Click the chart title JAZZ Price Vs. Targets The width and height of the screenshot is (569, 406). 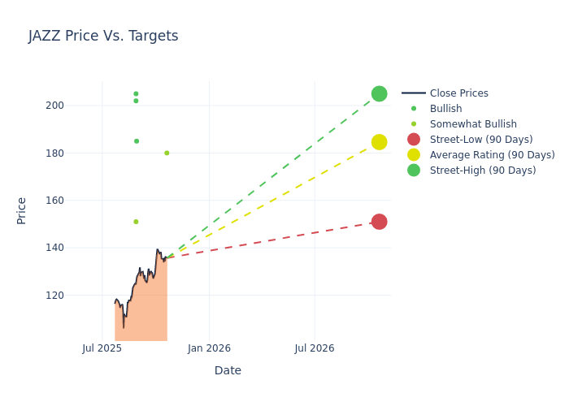103,36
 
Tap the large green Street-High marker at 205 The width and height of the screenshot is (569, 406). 379,93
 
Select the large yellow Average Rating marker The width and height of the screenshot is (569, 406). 379,142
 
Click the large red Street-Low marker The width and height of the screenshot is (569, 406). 379,222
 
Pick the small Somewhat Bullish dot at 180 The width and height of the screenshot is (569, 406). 167,153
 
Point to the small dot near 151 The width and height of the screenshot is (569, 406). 136,222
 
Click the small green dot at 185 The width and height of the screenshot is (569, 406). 137,141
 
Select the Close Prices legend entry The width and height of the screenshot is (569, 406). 458,93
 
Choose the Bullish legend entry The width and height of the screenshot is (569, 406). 445,109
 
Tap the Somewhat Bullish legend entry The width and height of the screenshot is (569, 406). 473,124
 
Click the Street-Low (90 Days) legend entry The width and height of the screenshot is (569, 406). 480,140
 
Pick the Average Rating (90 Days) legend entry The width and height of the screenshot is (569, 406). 492,155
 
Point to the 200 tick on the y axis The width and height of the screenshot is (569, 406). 77,106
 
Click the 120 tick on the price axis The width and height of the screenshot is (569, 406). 77,296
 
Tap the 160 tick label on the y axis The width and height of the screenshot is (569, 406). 77,201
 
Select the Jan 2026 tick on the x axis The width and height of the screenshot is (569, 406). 209,348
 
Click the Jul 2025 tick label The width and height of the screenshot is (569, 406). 102,348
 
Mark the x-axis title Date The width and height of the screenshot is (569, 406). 228,370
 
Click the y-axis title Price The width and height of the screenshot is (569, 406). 22,210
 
